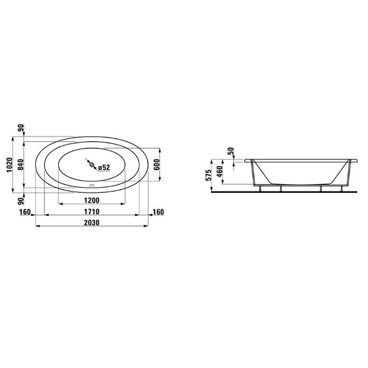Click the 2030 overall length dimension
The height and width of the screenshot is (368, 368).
pos(92,222)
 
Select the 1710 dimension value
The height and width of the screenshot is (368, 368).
pos(92,211)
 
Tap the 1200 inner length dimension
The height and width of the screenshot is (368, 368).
pos(92,200)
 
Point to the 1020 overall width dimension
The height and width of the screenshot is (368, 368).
pos(9,165)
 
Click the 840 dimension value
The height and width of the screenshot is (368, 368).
pos(21,165)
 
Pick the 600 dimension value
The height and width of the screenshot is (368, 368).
pos(157,165)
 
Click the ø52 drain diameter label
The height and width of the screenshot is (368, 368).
pos(104,167)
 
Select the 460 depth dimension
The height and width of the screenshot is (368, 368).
pos(219,172)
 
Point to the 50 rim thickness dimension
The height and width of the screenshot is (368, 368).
pos(231,151)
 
